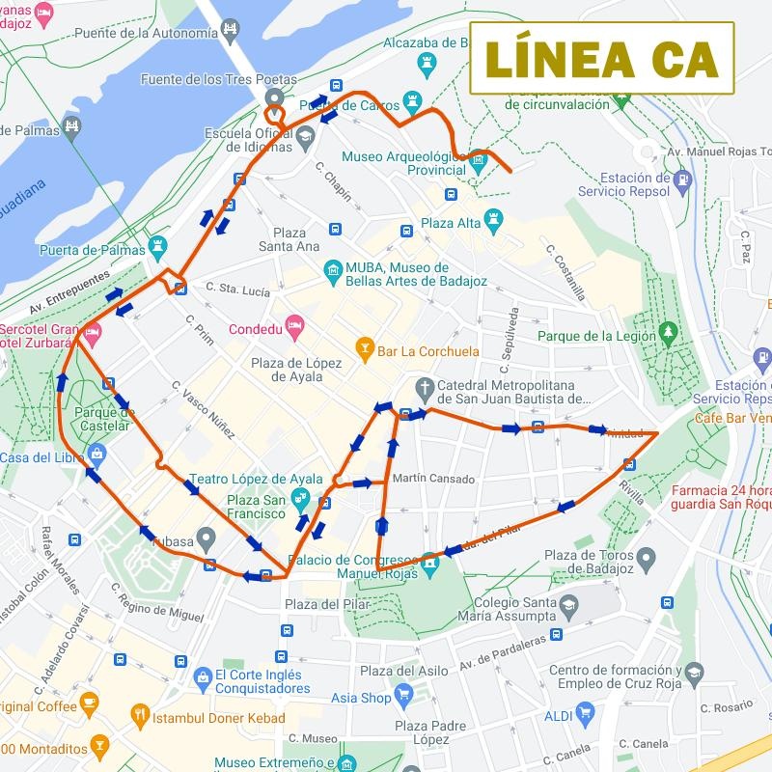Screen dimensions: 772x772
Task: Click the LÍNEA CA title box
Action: click(x=602, y=58)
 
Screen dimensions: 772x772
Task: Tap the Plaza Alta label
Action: click(x=451, y=223)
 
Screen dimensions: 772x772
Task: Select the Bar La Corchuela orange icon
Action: click(x=365, y=348)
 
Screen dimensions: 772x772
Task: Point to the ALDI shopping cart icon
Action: click(x=585, y=714)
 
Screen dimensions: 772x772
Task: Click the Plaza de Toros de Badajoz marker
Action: click(x=646, y=558)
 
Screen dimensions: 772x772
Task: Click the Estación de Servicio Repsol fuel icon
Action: click(x=683, y=179)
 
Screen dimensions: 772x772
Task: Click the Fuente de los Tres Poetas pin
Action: click(x=274, y=97)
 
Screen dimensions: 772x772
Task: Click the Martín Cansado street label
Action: click(x=434, y=479)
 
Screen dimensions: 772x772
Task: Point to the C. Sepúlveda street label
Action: click(x=509, y=341)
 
